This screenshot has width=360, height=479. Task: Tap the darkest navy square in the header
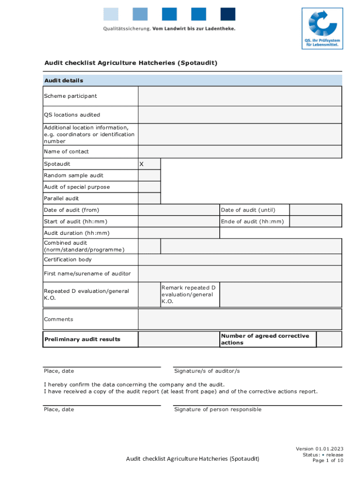pyautogui.click(x=228, y=14)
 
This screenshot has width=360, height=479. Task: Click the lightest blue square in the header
pyautogui.click(x=111, y=14)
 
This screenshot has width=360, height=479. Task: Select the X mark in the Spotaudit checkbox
pyautogui.click(x=142, y=164)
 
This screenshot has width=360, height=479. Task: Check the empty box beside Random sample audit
pyautogui.click(x=149, y=175)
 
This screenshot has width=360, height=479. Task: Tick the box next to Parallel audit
pyautogui.click(x=149, y=198)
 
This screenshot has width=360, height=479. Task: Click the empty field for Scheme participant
pyautogui.click(x=239, y=96)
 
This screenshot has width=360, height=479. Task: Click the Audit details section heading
pyautogui.click(x=64, y=80)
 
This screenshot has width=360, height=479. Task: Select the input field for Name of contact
pyautogui.click(x=239, y=152)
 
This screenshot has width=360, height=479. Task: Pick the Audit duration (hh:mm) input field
pyautogui.click(x=178, y=233)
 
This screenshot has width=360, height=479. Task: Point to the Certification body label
pyautogui.click(x=68, y=260)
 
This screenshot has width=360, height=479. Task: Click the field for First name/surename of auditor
pyautogui.click(x=239, y=273)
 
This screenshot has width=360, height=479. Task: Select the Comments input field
pyautogui.click(x=239, y=319)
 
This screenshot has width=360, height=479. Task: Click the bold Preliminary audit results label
pyautogui.click(x=82, y=340)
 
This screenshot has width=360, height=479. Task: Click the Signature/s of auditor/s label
pyautogui.click(x=207, y=371)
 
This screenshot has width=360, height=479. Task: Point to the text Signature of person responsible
pyautogui.click(x=217, y=409)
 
